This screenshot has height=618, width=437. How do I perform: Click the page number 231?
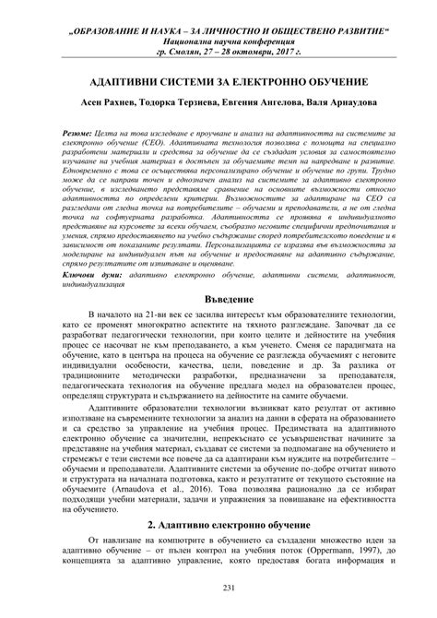click(x=218, y=590)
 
